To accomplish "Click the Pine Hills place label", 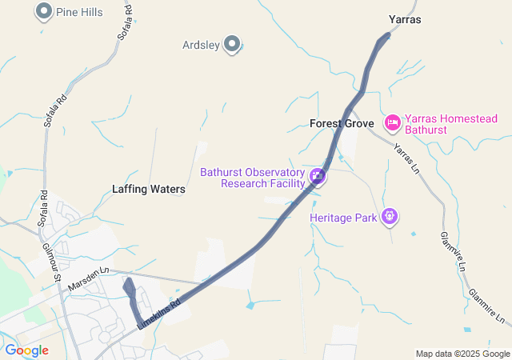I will (79, 12).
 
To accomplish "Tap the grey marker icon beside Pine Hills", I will (44, 11).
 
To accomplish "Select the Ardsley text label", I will (201, 45).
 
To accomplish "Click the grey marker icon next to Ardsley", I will (232, 44).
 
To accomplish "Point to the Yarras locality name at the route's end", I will (404, 19).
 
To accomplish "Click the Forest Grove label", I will (342, 124).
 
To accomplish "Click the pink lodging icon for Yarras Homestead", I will (392, 122).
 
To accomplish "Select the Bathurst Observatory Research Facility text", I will (252, 178).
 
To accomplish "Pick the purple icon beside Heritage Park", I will (390, 215).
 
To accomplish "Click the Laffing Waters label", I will (149, 190).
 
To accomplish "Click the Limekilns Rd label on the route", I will (159, 311).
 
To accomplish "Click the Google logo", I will (26, 350).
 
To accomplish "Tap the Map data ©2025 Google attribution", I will (462, 354).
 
